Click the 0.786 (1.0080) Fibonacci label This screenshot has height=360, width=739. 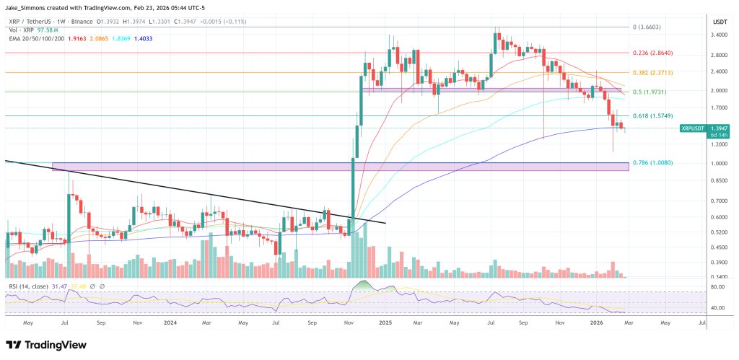click(652, 163)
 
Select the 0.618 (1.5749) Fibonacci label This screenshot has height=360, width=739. click(652, 115)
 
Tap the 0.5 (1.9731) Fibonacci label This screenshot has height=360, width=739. click(650, 92)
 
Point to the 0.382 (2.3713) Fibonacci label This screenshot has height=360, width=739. click(652, 73)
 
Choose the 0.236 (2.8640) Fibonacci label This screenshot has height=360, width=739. click(652, 53)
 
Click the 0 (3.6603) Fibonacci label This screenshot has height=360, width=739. click(647, 27)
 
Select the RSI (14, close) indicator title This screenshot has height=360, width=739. click(28, 287)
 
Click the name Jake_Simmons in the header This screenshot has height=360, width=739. click(26, 6)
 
